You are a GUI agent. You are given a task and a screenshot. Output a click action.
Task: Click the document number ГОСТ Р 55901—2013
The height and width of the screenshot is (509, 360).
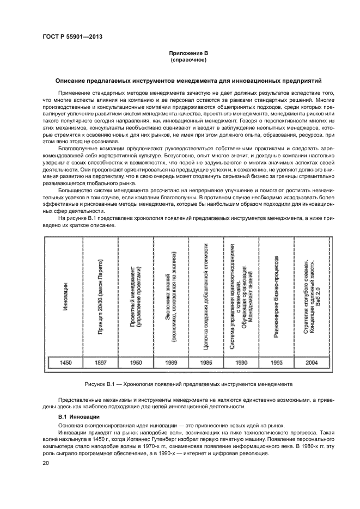(x=72, y=36)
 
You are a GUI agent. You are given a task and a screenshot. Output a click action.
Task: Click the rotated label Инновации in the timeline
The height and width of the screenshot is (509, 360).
(x=65, y=297)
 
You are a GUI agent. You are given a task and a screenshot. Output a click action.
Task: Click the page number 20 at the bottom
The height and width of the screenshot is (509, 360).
(x=46, y=463)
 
